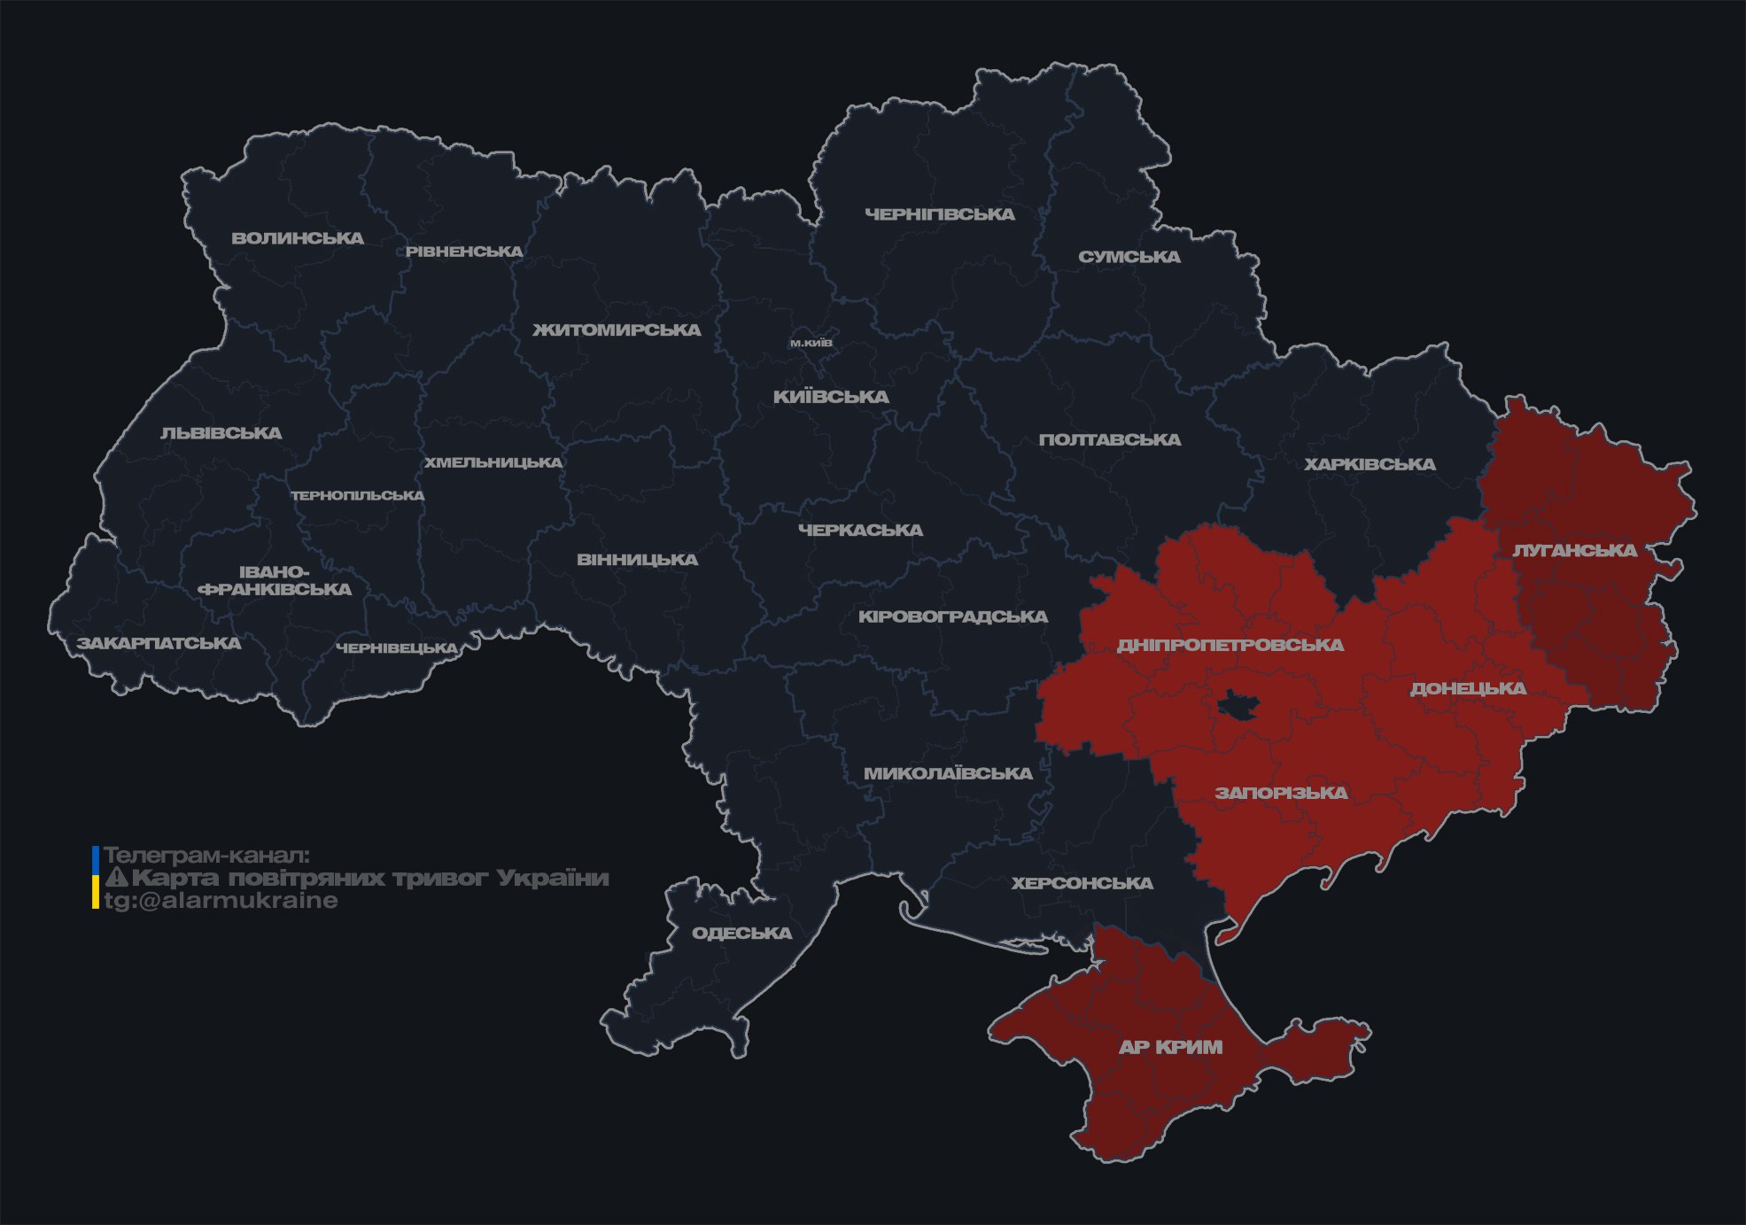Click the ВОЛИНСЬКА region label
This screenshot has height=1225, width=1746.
(298, 238)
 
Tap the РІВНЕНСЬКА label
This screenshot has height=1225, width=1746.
(464, 252)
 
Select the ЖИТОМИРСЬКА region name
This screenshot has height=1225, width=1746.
(617, 330)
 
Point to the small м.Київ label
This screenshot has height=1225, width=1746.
(811, 343)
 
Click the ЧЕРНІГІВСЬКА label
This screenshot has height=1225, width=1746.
(940, 214)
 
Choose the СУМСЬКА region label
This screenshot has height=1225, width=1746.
(1129, 257)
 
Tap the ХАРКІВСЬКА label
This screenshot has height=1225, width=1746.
(1370, 464)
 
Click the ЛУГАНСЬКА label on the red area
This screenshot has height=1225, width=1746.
(1574, 550)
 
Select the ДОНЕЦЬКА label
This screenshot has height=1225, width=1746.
(1468, 688)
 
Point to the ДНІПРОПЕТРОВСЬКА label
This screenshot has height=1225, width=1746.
(1230, 645)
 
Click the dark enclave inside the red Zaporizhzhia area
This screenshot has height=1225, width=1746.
(1238, 706)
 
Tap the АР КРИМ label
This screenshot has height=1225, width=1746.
(1170, 1047)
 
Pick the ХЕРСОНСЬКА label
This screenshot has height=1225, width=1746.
(1083, 883)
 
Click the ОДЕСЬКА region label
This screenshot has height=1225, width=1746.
(741, 933)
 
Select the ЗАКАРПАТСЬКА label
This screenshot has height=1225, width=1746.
(159, 643)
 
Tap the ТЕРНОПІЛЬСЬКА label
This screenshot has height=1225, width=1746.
(358, 496)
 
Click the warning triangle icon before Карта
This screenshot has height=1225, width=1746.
(117, 879)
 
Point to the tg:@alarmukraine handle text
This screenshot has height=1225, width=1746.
(221, 901)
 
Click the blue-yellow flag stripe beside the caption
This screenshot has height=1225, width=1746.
(96, 878)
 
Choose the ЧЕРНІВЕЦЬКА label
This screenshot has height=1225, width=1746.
(397, 648)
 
